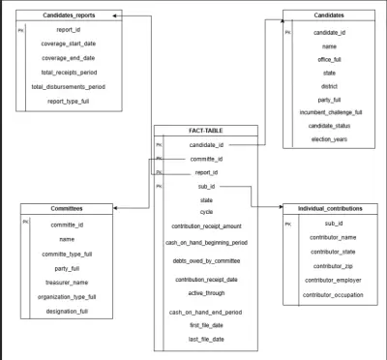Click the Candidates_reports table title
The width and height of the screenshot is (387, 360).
(x=69, y=16)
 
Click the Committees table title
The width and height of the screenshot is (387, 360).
(x=66, y=208)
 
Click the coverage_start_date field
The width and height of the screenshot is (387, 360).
(x=69, y=44)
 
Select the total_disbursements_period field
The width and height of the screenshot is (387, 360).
(x=69, y=87)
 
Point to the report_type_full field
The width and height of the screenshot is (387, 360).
(x=69, y=102)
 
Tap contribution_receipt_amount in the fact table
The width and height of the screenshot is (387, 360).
(x=206, y=227)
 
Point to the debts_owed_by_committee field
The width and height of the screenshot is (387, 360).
(x=206, y=261)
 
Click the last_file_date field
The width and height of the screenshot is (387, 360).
(x=206, y=339)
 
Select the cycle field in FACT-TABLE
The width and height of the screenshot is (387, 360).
(x=206, y=211)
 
